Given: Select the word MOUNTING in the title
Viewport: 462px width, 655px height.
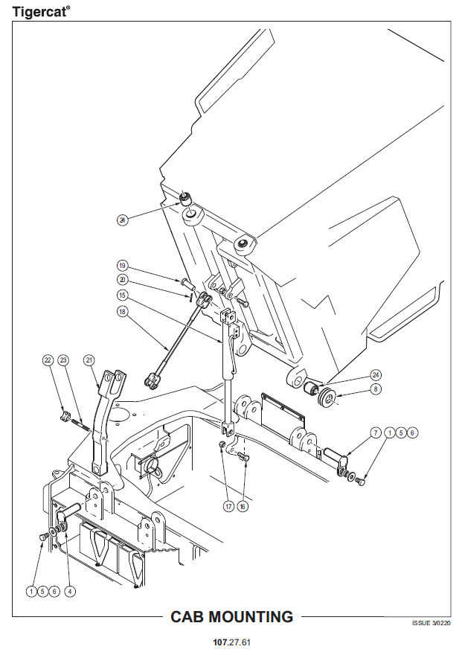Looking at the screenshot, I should (254, 617).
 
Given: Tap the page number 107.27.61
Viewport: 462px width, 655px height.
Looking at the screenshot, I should (231, 642).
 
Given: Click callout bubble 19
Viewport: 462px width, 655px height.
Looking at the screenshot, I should (123, 266).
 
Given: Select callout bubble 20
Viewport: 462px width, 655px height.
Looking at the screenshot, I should (123, 279).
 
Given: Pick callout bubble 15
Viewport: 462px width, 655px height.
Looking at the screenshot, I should (123, 295).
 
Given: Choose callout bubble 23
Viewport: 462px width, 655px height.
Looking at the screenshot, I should (63, 360).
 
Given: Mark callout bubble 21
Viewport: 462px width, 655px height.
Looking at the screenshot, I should (89, 360).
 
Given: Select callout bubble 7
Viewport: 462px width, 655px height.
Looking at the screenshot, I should (376, 432).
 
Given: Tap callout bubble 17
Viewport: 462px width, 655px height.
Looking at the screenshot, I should (228, 505).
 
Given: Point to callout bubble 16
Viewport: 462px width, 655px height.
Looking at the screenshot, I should (243, 505).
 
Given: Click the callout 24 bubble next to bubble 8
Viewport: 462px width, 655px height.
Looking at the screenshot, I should (376, 374).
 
